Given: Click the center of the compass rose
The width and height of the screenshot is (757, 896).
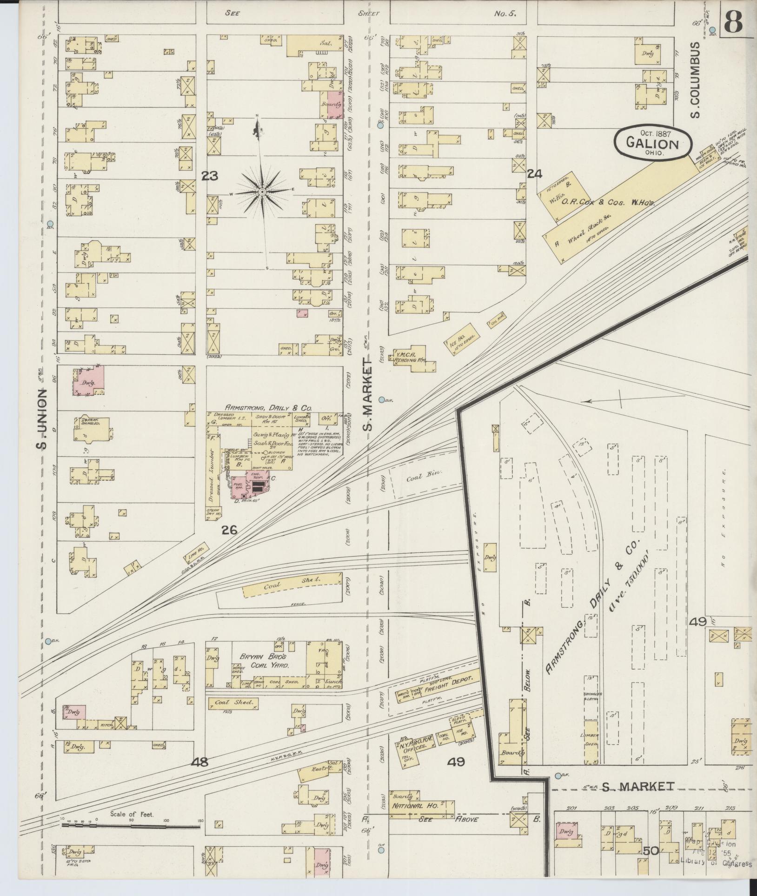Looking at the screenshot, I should coord(263,192).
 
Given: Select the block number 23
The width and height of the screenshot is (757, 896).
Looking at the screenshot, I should coord(210,176).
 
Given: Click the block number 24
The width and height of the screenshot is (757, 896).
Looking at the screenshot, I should coord(535,174).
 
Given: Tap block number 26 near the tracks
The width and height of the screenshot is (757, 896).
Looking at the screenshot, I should coord(230,529).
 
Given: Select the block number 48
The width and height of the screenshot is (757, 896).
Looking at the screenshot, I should coord(200,762).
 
